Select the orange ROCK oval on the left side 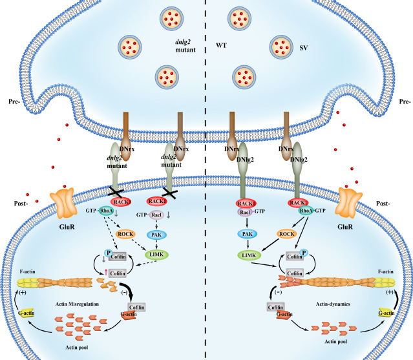[x=129, y=235]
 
